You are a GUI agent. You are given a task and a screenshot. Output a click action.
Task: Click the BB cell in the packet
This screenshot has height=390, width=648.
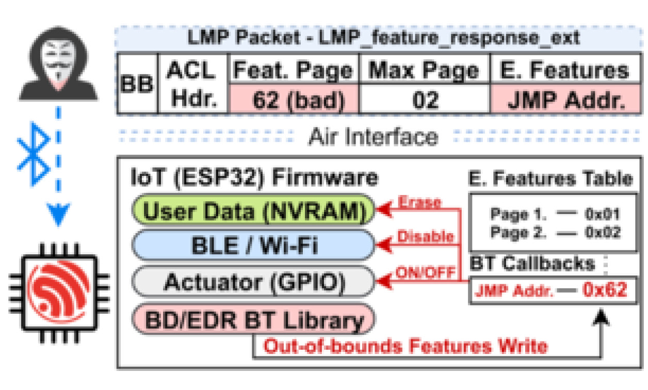pyautogui.click(x=137, y=84)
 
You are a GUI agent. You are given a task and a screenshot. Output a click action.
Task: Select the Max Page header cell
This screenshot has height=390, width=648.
pyautogui.click(x=423, y=70)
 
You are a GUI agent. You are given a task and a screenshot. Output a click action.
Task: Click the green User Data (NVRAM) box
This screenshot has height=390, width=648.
pyautogui.click(x=253, y=210)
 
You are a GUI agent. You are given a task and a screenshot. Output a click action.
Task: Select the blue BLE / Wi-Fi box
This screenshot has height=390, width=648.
pyautogui.click(x=253, y=245)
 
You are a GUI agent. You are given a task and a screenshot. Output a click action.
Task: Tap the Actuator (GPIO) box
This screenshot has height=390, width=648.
pyautogui.click(x=253, y=282)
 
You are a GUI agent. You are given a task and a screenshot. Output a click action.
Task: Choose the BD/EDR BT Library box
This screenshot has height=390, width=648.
pyautogui.click(x=253, y=319)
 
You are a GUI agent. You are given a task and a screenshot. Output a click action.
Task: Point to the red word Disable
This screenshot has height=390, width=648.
pyautogui.click(x=425, y=236)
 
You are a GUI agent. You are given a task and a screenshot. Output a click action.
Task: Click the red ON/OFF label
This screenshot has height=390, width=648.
pyautogui.click(x=425, y=272)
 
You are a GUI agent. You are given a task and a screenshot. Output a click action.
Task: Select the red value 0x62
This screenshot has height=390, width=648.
pyautogui.click(x=605, y=290)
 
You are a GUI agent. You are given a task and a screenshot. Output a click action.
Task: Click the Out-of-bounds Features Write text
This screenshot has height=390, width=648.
pyautogui.click(x=405, y=345)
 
